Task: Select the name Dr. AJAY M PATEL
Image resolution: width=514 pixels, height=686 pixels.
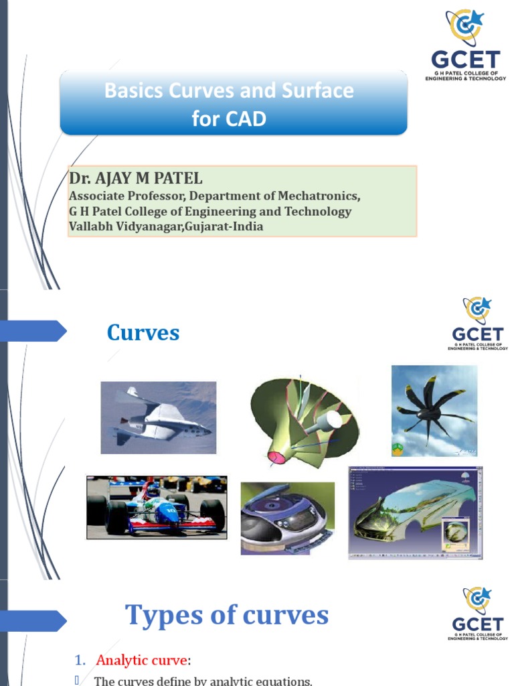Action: pos(136,179)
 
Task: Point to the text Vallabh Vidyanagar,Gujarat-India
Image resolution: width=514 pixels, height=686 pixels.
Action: pos(166,226)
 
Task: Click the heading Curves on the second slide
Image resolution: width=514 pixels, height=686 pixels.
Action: pos(143,333)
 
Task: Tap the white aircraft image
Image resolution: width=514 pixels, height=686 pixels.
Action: pos(159,417)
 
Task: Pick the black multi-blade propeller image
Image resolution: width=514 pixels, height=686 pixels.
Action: pos(434,411)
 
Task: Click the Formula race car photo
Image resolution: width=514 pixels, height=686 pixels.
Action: pos(157,507)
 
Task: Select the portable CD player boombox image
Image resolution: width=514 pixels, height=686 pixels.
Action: pos(287,518)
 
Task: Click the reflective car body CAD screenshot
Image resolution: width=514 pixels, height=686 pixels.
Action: pos(415,513)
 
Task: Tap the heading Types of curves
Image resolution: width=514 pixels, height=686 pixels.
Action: pos(227,615)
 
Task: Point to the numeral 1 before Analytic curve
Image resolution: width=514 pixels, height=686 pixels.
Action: pos(79,661)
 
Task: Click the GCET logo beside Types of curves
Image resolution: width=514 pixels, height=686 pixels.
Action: pos(477,614)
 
